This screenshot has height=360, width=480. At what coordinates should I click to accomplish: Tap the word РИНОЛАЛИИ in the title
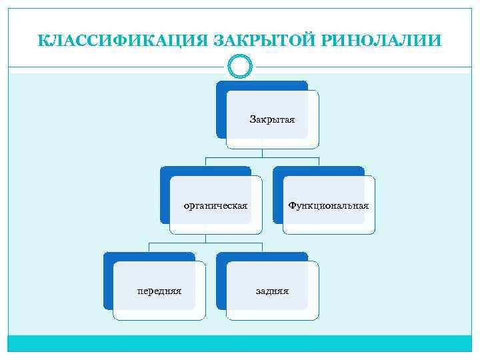click(382, 41)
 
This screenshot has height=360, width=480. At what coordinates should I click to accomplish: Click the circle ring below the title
click(239, 65)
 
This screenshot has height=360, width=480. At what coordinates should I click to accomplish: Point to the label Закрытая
click(272, 119)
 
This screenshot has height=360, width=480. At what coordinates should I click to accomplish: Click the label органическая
click(215, 205)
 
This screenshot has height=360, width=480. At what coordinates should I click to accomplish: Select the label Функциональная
click(328, 205)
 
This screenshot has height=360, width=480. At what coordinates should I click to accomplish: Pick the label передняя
click(159, 291)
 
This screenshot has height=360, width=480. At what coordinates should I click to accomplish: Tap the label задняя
click(272, 291)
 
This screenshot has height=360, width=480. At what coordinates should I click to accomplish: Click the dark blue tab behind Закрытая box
click(221, 110)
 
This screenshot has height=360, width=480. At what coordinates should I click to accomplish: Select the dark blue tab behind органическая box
click(164, 196)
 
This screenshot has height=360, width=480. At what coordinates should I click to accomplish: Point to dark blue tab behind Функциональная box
click(277, 196)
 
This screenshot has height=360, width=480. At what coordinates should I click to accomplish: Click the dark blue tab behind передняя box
click(107, 281)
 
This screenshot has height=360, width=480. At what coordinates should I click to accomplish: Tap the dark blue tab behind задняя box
click(221, 281)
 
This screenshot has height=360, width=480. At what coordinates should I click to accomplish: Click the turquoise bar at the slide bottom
click(239, 343)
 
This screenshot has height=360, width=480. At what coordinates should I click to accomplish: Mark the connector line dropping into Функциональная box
click(319, 161)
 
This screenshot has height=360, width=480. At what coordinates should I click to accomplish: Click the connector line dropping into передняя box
click(149, 247)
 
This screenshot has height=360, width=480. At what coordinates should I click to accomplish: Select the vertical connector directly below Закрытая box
click(262, 153)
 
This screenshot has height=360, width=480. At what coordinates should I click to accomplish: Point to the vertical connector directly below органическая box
click(205, 238)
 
